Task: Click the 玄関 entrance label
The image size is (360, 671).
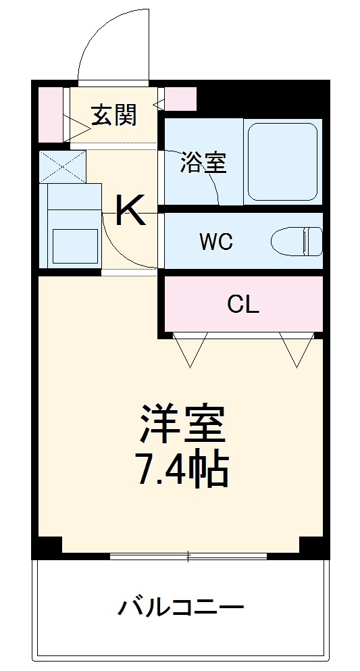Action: [114, 116]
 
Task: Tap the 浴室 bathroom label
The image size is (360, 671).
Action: [203, 163]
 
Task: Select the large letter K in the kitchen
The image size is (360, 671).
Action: [130, 211]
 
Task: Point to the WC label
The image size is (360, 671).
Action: [216, 242]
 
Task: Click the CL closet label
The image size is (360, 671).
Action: [242, 305]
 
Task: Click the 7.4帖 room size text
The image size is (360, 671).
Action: [182, 470]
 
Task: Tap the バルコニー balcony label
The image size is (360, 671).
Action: [181, 607]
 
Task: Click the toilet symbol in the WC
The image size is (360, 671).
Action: [297, 241]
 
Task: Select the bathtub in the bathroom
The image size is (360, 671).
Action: [282, 162]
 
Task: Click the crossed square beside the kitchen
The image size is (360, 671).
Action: [62, 166]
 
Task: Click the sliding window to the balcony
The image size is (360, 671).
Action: [188, 556]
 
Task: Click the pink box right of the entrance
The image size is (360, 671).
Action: [180, 99]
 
